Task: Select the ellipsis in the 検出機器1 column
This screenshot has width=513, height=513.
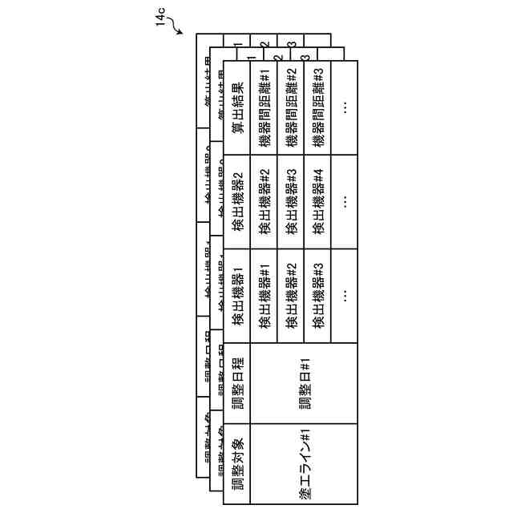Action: click(344, 296)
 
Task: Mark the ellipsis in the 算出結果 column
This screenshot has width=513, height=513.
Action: click(344, 106)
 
